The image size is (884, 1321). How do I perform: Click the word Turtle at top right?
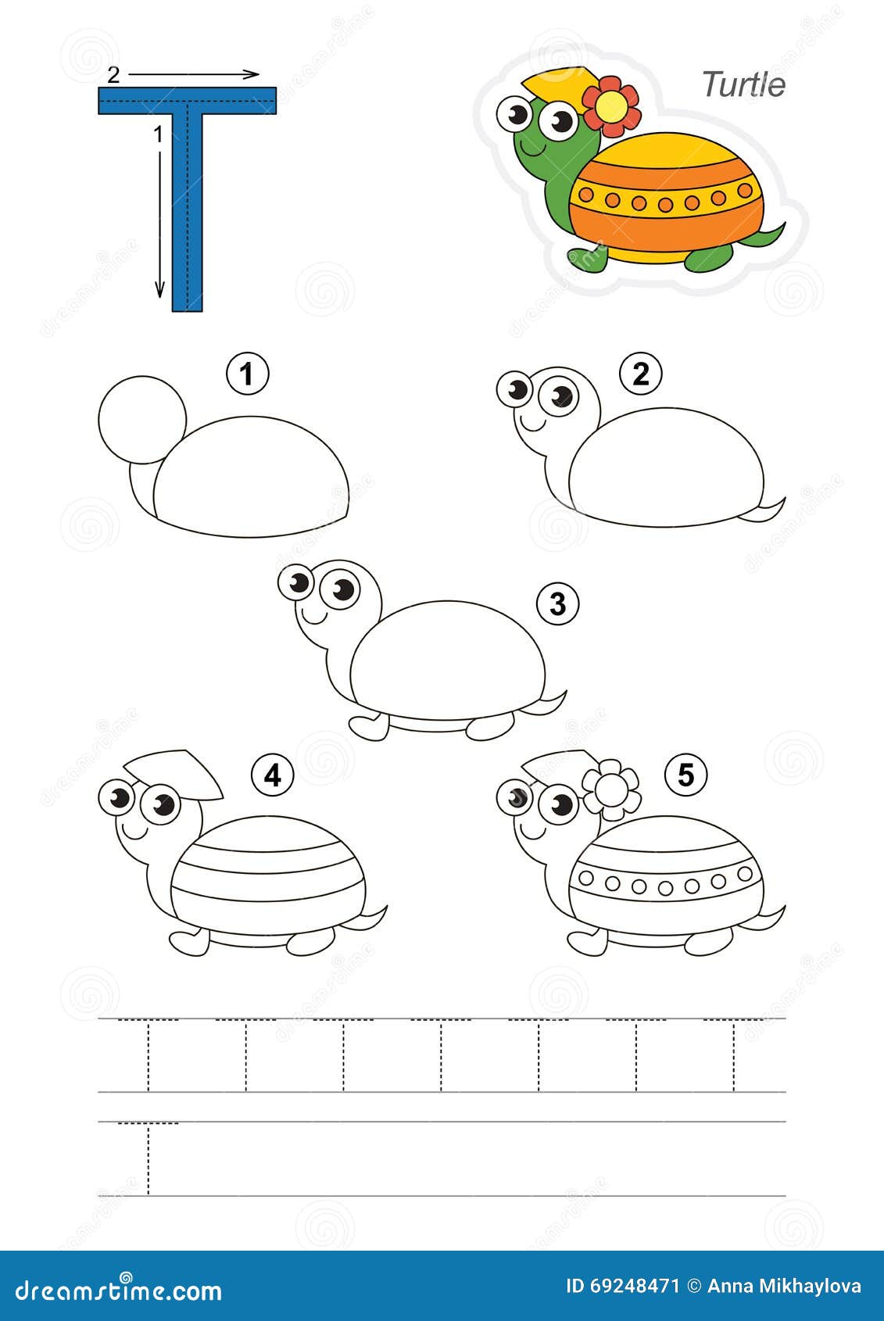tap(743, 84)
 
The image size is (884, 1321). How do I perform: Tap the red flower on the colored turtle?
tap(610, 105)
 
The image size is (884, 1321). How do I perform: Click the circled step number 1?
tap(247, 374)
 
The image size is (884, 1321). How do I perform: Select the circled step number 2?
tap(640, 374)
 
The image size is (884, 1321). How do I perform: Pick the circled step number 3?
tap(557, 603)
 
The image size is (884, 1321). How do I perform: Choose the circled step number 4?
tap(272, 775)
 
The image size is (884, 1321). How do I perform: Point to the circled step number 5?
tap(685, 775)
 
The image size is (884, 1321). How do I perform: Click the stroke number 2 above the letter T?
tap(114, 74)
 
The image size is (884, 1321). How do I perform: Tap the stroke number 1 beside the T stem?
tap(158, 134)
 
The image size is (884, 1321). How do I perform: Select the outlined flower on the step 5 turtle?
tap(611, 790)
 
